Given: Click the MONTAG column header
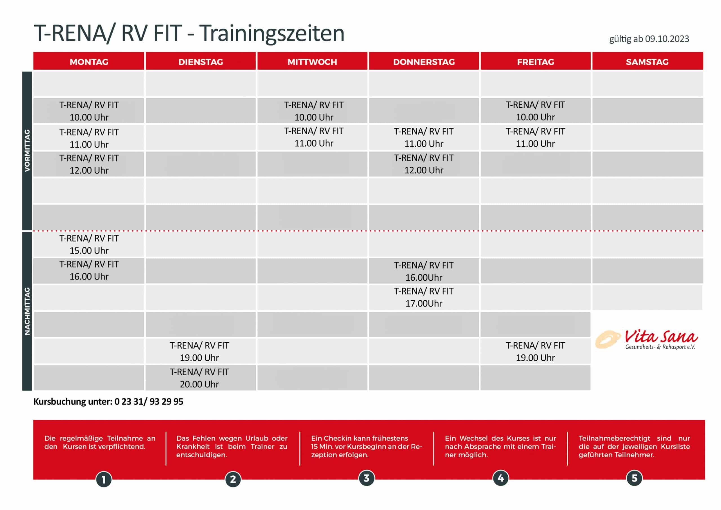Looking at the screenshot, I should (89, 62).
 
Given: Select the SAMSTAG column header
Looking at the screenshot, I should (647, 62).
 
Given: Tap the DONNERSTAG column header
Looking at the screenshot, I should (424, 62).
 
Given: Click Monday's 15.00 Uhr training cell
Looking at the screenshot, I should (89, 245).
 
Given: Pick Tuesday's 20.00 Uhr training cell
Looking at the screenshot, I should (199, 378).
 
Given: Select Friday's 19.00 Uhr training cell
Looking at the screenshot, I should (535, 351).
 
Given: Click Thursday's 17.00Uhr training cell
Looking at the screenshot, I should (424, 297).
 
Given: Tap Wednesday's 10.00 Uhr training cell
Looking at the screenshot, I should (313, 111).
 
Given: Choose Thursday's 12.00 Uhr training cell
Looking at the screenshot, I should (424, 164).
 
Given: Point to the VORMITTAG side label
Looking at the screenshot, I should (27, 150).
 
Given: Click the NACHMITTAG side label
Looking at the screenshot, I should (27, 311).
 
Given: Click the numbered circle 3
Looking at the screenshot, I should (366, 478).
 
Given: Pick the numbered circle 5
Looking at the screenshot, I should (634, 478).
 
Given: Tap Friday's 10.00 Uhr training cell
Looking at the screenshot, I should (535, 111).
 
